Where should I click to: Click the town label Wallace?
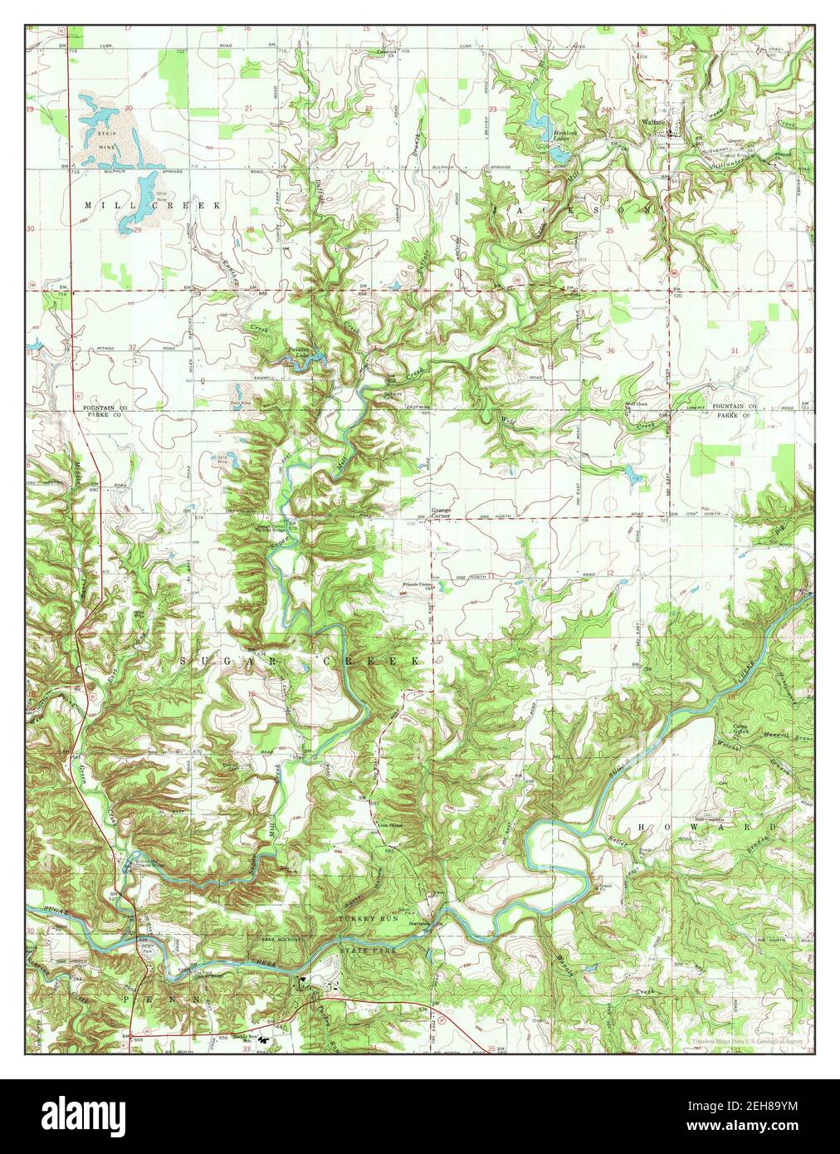click(x=654, y=122)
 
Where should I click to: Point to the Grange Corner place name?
click(x=440, y=512)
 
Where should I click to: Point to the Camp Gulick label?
click(x=743, y=730)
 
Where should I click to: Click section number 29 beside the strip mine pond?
click(x=136, y=228)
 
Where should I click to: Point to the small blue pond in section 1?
click(x=633, y=477)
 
